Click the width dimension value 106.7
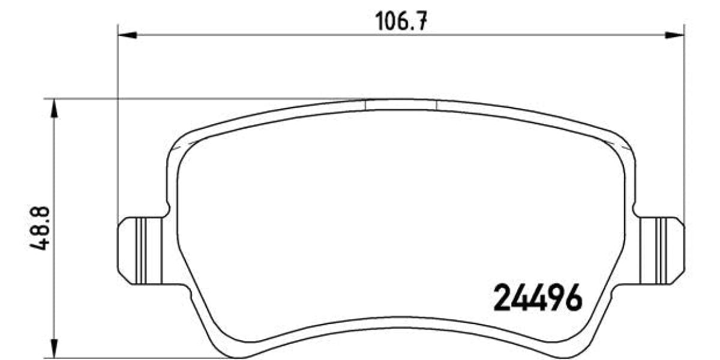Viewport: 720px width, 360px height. tap(401, 22)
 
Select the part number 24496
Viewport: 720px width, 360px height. tap(537, 298)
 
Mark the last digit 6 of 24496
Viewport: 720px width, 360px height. tap(573, 298)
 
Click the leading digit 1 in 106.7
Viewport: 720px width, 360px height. tap(379, 22)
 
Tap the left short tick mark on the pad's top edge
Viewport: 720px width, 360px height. tap(365, 105)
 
